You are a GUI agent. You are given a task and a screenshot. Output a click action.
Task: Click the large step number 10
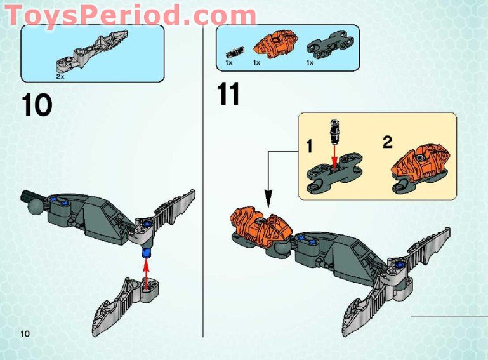(x=36, y=105)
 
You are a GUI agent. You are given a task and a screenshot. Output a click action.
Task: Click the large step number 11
(x=228, y=94)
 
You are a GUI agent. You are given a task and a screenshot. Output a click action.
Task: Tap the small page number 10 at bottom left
(x=25, y=334)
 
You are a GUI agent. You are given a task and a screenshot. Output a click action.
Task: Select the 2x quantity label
(x=60, y=76)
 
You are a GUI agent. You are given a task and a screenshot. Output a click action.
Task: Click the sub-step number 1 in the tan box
(x=309, y=147)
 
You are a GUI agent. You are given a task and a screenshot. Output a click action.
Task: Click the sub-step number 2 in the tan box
(x=388, y=142)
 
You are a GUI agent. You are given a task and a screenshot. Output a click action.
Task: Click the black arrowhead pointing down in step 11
(x=267, y=202)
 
